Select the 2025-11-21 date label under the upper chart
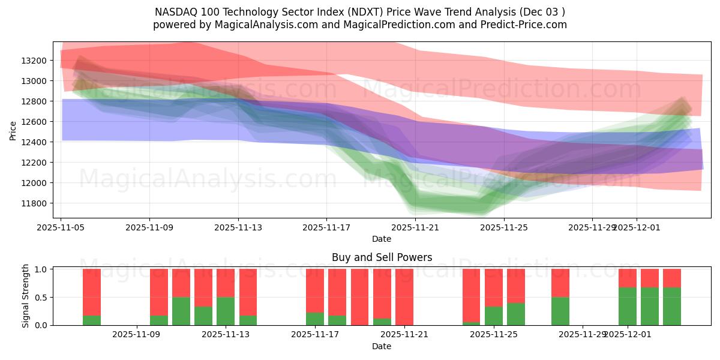click(415, 227)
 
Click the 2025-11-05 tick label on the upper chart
click(61, 227)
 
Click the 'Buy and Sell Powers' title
click(382, 257)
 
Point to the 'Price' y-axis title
click(13, 130)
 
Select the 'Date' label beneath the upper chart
click(382, 239)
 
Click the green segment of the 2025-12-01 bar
click(628, 306)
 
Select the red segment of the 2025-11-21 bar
click(404, 296)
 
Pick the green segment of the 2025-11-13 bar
click(226, 311)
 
